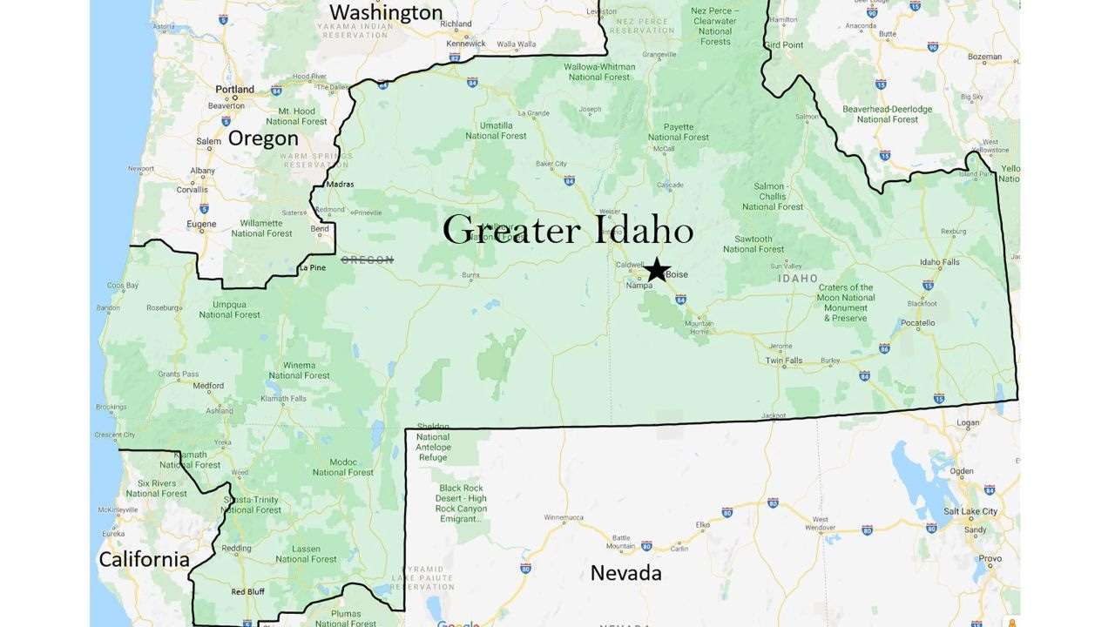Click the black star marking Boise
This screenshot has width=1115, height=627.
pos(656,269)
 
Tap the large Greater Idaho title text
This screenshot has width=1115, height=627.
pos(567,230)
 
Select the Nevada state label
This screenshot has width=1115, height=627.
pos(625,572)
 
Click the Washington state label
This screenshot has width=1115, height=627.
pos(387,12)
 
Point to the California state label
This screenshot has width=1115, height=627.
pos(144,559)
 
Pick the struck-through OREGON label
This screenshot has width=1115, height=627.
pos(367,260)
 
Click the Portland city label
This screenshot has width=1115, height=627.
pos(235,89)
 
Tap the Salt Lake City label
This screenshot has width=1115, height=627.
pos(970,510)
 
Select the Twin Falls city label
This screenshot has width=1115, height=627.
pos(784,361)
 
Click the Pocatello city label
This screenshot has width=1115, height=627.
pos(917,322)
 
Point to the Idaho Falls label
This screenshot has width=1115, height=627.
pos(939,262)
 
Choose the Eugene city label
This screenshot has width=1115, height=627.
pos(202,224)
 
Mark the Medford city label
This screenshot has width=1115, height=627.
pos(208,386)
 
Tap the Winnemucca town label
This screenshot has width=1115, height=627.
pos(563,517)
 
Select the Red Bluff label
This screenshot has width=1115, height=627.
pos(247,591)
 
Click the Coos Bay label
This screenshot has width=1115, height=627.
pos(122,285)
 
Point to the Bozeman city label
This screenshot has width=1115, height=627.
pos(984,57)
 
